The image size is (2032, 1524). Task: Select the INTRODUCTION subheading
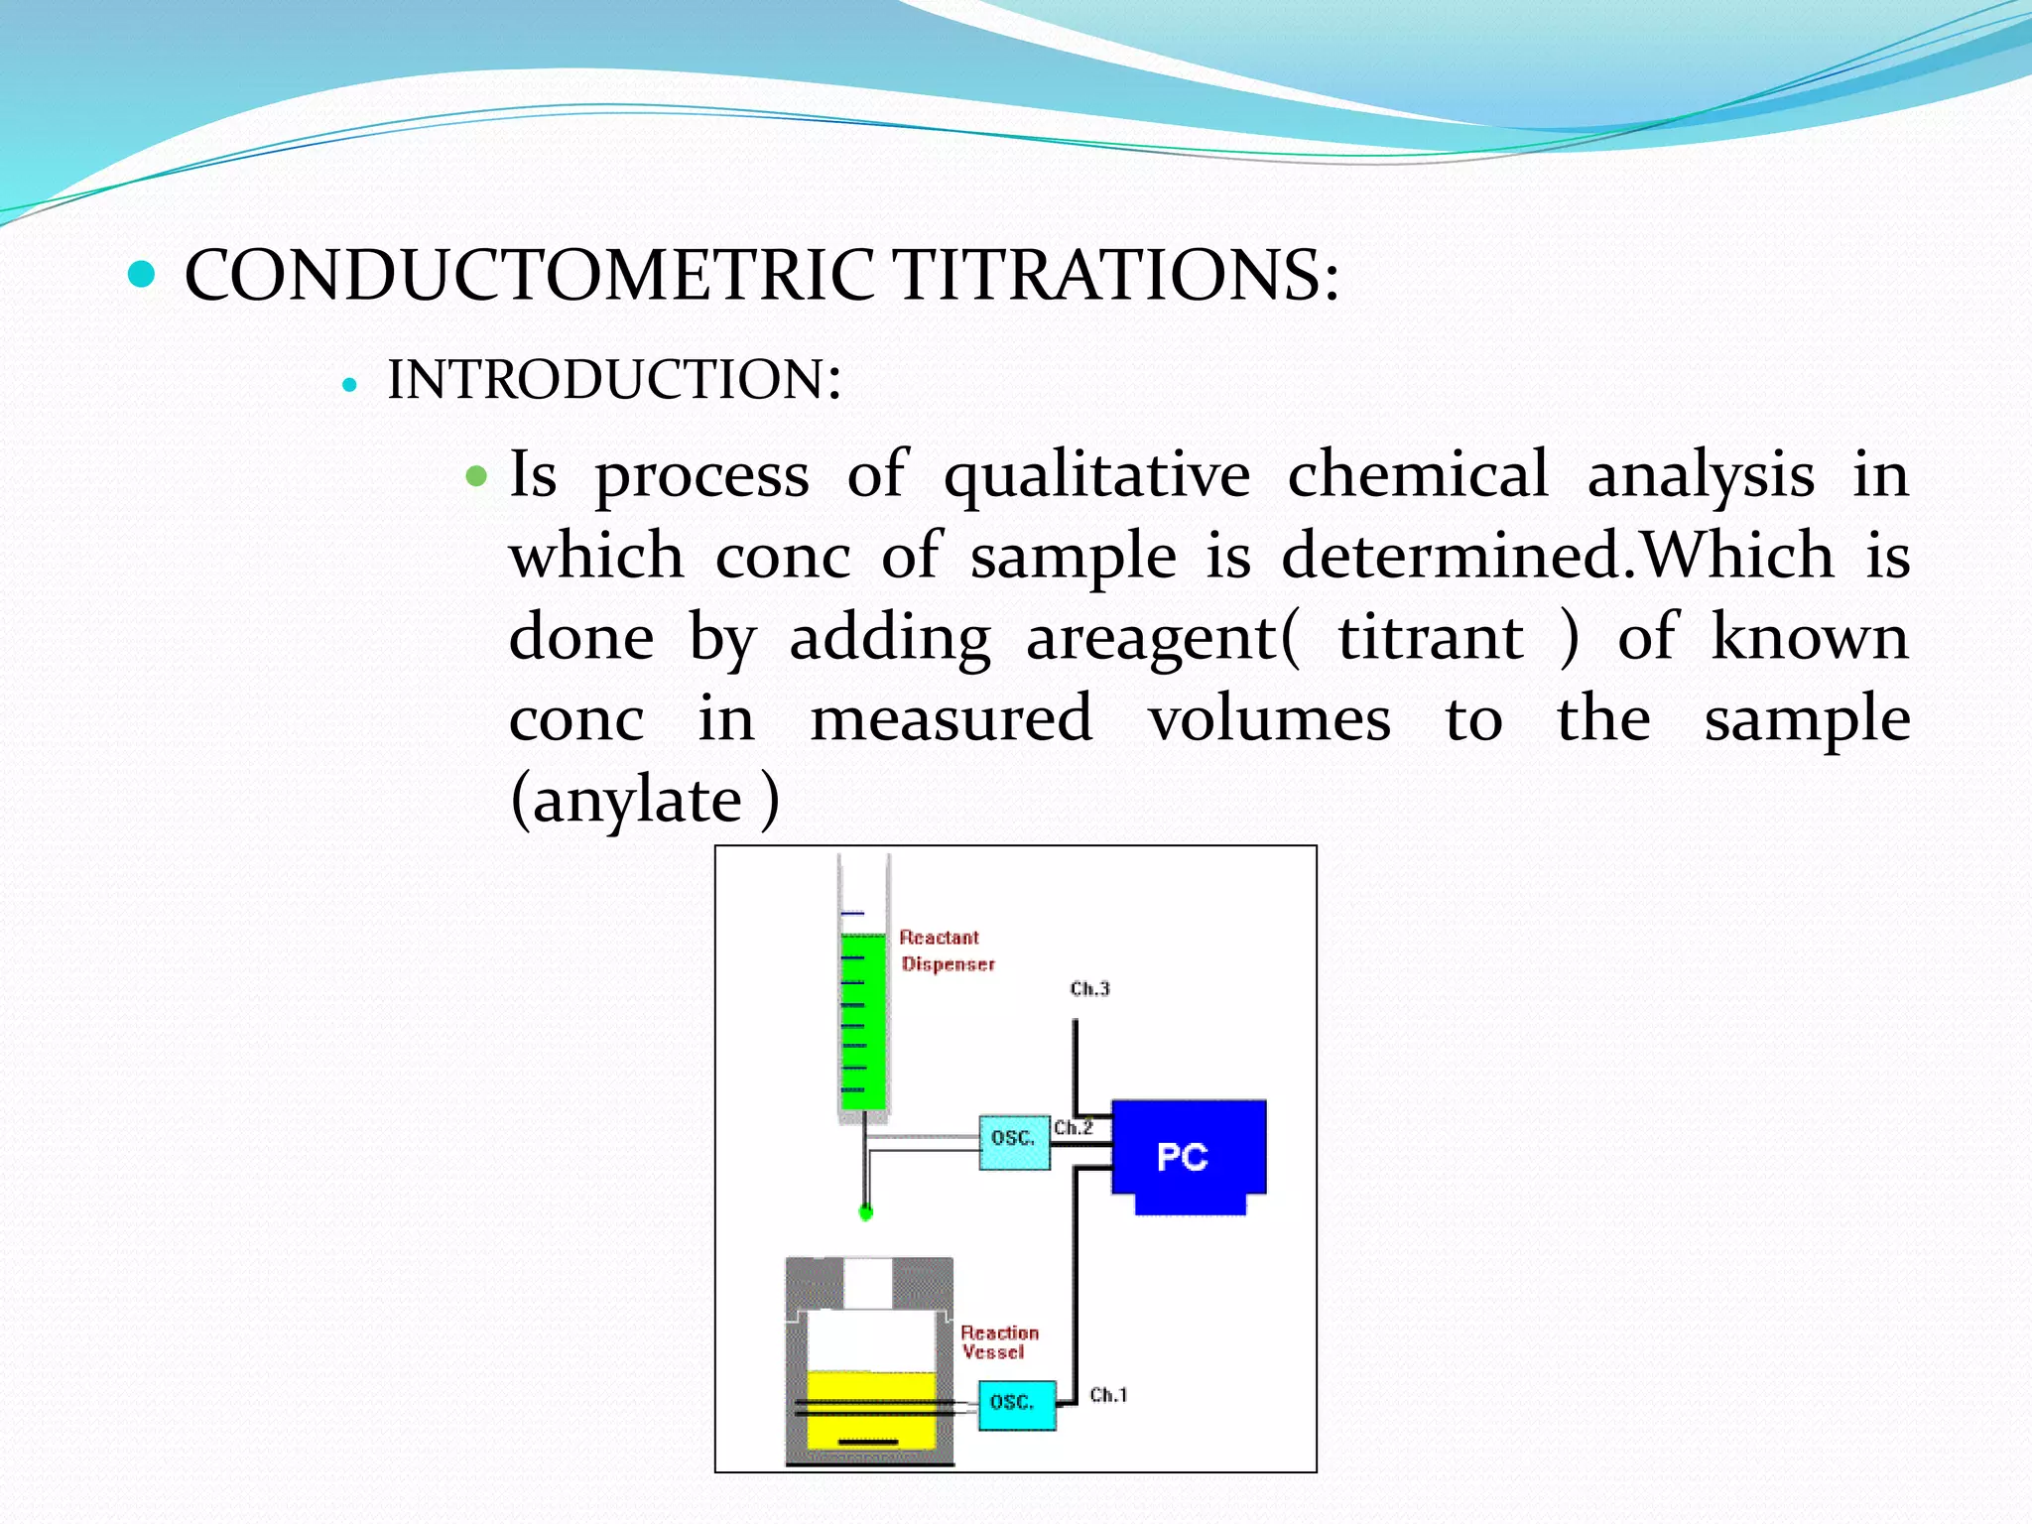point(614,380)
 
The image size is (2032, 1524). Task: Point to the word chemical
point(1417,474)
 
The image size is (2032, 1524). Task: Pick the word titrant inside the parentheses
point(1430,638)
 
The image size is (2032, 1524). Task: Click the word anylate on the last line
point(637,802)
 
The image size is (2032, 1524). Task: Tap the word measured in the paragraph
point(951,719)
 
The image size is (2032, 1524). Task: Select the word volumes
point(1269,719)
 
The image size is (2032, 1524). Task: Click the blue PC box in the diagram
point(1187,1156)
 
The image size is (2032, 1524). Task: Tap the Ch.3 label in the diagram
point(1089,988)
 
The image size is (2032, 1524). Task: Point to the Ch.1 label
point(1108,1395)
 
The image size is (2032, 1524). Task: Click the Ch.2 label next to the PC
point(1073,1128)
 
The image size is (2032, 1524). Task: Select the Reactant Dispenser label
point(946,951)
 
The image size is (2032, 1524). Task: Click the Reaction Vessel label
point(998,1342)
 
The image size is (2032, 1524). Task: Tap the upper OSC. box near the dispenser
point(1013,1140)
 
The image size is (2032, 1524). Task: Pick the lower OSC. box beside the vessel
point(1015,1403)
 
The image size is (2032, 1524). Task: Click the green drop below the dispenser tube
point(865,1211)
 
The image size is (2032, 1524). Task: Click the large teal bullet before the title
point(142,274)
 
